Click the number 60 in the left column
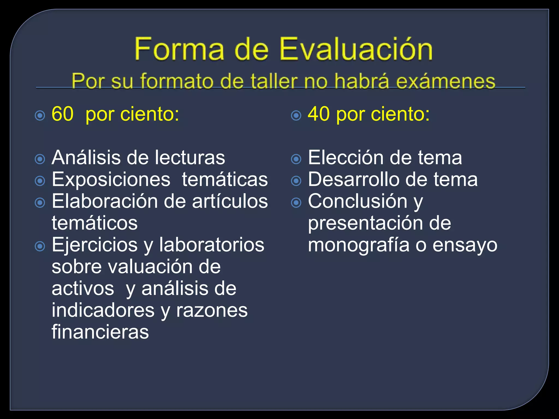click(x=63, y=114)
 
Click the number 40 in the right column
click(x=319, y=114)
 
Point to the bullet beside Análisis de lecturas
click(x=40, y=159)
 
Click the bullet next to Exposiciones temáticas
click(x=40, y=181)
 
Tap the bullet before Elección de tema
click(x=296, y=159)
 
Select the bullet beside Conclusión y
click(x=296, y=202)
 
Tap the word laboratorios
click(x=212, y=245)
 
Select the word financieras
click(x=100, y=332)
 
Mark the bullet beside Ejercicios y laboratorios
click(x=40, y=246)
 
